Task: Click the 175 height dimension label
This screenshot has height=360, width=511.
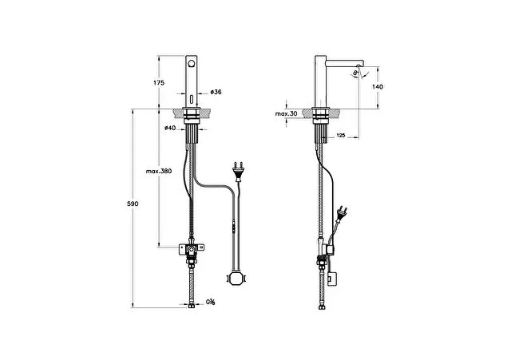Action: (x=159, y=83)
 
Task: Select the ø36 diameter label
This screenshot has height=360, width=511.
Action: (x=216, y=93)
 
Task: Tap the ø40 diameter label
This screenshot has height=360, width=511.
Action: (x=170, y=128)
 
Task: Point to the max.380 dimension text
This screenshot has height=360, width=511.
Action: (x=159, y=171)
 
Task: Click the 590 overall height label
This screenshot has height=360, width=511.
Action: (x=133, y=204)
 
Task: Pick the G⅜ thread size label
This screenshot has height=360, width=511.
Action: (x=210, y=303)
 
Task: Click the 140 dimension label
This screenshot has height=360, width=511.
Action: (x=378, y=87)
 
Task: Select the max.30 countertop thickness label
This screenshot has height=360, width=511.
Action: (x=286, y=114)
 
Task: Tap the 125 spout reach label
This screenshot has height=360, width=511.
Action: (x=341, y=136)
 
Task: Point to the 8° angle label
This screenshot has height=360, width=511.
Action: (x=355, y=73)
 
